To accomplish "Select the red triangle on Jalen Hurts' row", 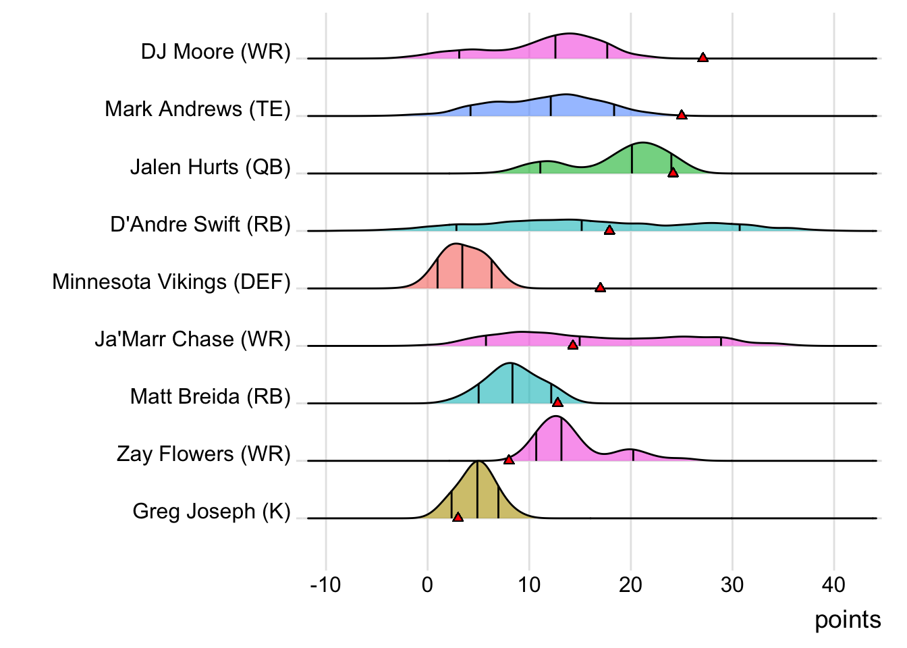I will click(x=673, y=173).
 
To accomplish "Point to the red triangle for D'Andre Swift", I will click(x=609, y=230).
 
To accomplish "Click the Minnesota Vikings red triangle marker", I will click(x=600, y=288).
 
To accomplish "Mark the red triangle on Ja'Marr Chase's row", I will click(x=573, y=345).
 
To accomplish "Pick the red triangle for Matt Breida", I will click(x=557, y=402).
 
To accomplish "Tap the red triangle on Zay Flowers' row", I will click(x=509, y=460).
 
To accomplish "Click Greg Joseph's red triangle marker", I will click(x=458, y=517).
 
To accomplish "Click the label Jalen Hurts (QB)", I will click(x=210, y=167).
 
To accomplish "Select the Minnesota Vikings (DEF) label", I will click(x=171, y=281).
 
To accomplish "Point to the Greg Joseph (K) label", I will click(x=211, y=511).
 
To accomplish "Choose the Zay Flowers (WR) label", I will click(x=203, y=454).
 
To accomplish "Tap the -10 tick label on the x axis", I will click(x=325, y=585).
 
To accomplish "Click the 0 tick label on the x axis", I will click(x=427, y=585).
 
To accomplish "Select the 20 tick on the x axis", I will click(x=630, y=585).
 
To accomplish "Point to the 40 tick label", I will click(x=833, y=585).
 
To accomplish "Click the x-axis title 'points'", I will click(x=848, y=620).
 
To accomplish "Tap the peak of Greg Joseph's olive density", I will click(x=477, y=462).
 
